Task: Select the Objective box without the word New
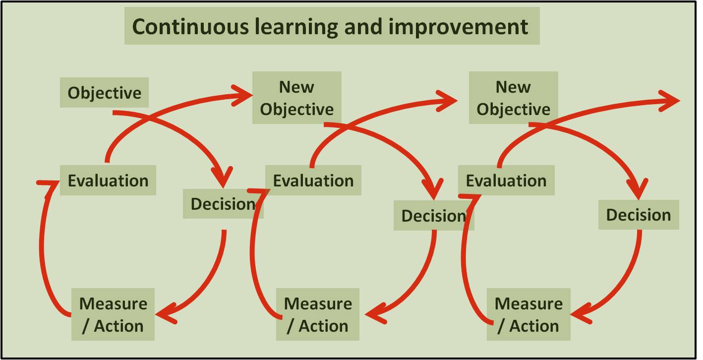coord(104,93)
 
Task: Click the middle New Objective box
coord(296,98)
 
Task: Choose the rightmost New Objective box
coord(513,98)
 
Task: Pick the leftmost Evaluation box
coord(108,180)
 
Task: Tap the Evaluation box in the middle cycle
coord(313,180)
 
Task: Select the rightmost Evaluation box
coord(506,180)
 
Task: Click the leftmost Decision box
coord(223,204)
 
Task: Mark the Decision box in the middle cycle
coord(433,216)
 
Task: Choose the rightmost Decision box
coord(638,215)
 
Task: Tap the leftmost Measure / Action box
coord(113,314)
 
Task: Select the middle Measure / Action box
coord(317,314)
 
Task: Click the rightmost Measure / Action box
coord(528,314)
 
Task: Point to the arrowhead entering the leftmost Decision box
coord(222,178)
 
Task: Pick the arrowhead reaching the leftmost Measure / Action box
coord(166,313)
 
